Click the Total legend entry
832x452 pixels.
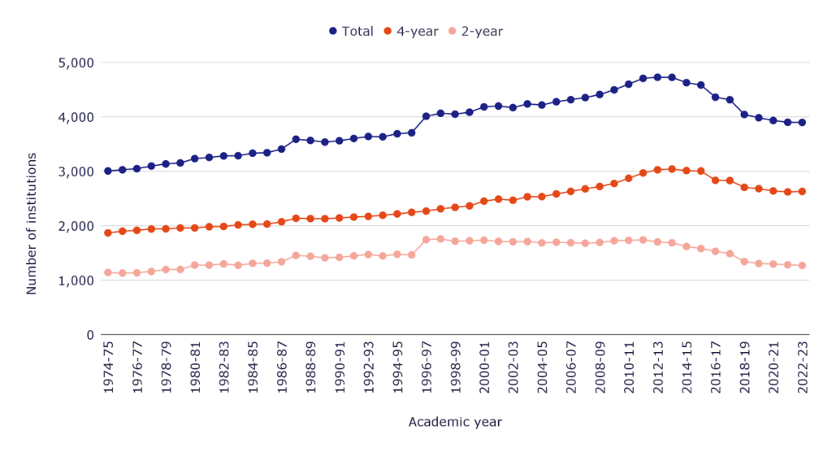coord(351,32)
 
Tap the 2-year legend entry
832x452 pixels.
coord(475,32)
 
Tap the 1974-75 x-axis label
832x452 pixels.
coord(108,369)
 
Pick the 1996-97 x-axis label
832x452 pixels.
coord(426,369)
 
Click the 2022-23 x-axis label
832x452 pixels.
coord(802,369)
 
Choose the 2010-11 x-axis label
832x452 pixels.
coord(629,369)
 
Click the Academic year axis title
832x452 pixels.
coord(455,422)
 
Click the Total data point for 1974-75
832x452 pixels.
coord(108,171)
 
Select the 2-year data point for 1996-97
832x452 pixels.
coord(426,240)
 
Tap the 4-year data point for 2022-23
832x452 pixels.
coord(802,192)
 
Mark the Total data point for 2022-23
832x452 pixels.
coord(802,123)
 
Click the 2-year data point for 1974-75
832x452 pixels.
coord(108,272)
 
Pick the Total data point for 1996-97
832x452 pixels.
coord(426,116)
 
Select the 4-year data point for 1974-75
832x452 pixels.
coord(108,233)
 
